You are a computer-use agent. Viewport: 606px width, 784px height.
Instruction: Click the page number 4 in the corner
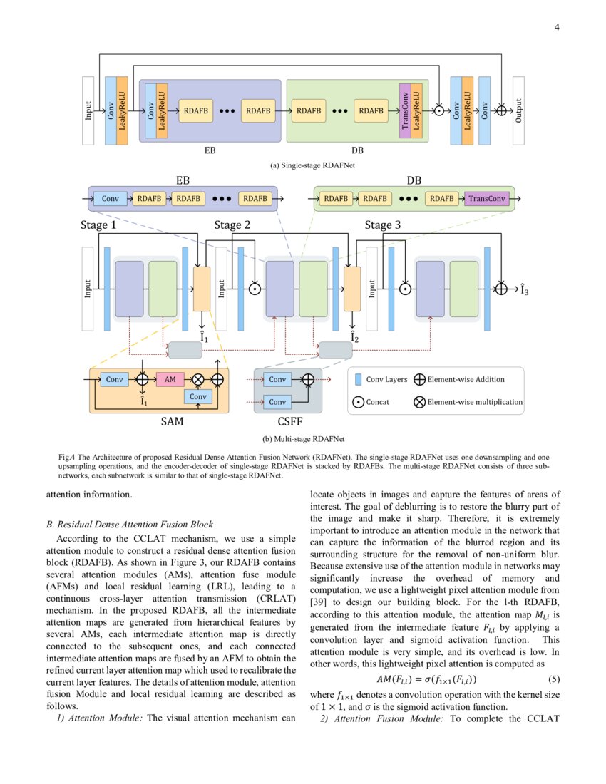coord(556,28)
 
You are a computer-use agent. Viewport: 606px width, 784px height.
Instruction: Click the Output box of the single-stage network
coord(518,110)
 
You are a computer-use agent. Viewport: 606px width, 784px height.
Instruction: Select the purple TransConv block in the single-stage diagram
coord(405,110)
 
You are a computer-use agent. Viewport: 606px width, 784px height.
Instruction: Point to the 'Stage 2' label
coord(232,225)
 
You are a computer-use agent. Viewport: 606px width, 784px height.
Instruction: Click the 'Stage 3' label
coord(383,225)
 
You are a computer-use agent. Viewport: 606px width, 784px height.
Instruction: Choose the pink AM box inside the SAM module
coord(170,380)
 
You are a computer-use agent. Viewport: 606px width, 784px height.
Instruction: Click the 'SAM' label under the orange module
coord(171,421)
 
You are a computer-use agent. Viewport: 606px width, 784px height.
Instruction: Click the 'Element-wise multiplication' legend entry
coord(474,402)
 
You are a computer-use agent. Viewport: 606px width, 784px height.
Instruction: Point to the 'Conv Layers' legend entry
coord(386,380)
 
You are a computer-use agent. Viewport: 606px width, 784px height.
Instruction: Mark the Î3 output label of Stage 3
coord(523,289)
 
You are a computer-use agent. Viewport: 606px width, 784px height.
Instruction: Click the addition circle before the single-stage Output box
coord(501,110)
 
